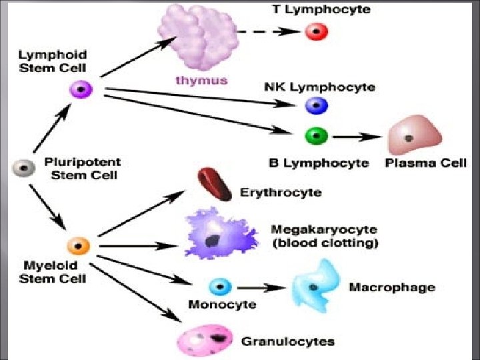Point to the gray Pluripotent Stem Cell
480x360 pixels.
click(23, 168)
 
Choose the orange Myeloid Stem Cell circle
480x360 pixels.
click(79, 245)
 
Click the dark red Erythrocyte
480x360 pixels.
click(215, 185)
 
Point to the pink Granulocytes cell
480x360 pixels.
click(205, 340)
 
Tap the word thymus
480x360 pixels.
click(197, 81)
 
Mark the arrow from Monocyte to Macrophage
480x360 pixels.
click(259, 287)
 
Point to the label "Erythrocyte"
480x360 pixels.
click(281, 193)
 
